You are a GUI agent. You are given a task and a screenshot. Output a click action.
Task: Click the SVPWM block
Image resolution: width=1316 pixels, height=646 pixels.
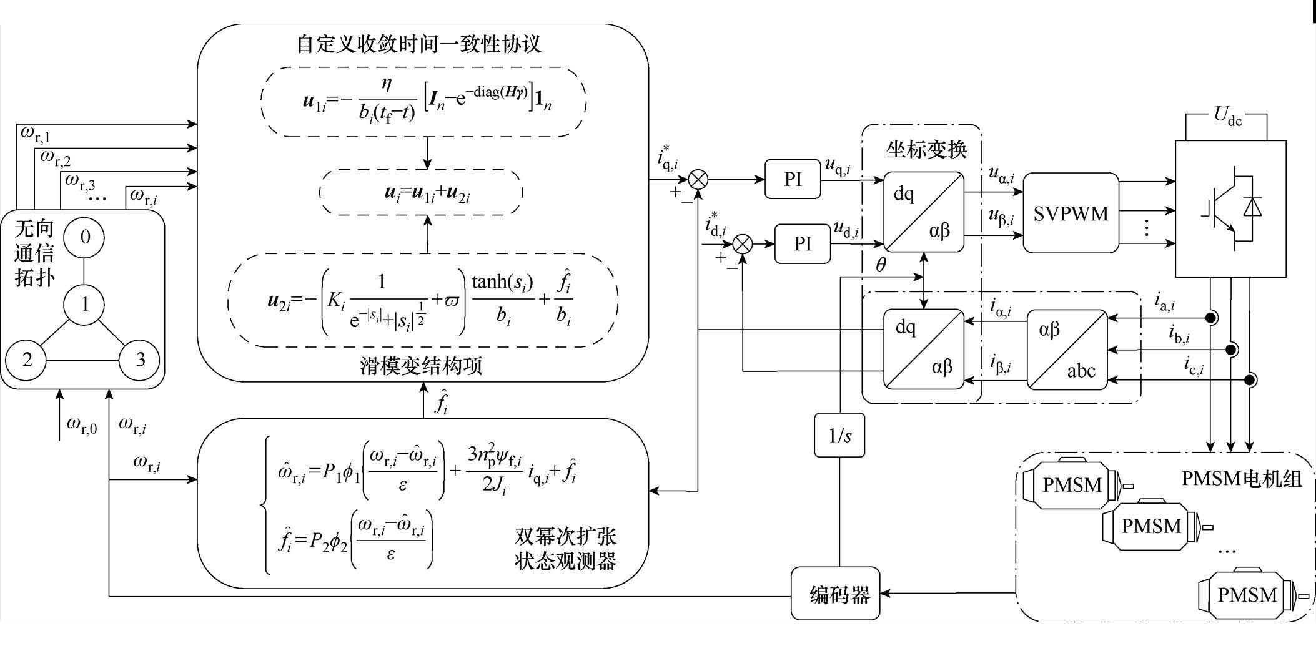point(1070,213)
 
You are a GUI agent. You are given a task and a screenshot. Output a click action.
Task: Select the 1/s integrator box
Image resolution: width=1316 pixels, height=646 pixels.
point(839,435)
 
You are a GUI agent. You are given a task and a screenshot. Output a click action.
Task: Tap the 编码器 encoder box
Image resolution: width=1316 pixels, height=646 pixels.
point(835,594)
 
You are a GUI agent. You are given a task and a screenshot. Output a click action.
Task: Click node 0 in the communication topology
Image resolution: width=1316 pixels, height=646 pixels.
point(85,237)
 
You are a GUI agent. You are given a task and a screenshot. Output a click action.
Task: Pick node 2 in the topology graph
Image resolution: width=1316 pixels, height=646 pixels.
point(27,360)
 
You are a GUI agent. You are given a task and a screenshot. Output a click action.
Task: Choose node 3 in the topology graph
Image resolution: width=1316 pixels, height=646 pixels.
point(140,360)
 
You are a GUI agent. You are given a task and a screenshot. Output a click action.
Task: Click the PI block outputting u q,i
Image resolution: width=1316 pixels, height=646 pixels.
point(792,180)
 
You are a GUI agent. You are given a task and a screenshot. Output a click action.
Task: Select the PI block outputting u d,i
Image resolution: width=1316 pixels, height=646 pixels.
point(802,243)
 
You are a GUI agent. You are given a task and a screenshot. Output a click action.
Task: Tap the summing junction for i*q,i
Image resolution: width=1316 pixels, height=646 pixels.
point(698,180)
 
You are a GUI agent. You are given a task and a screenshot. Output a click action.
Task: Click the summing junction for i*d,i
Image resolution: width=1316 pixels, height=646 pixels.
point(742,244)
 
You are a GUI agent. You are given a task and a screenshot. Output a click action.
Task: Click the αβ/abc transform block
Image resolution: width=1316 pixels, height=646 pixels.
point(1067,350)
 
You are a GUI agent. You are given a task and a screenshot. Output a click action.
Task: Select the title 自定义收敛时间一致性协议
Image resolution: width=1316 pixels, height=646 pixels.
point(418,44)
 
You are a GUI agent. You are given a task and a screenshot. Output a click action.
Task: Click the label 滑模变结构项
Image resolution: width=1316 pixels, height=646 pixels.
point(421,366)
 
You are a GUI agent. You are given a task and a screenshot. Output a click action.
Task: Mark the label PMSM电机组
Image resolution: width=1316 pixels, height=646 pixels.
point(1242,479)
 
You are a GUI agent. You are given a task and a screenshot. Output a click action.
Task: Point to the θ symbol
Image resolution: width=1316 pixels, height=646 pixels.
point(881,265)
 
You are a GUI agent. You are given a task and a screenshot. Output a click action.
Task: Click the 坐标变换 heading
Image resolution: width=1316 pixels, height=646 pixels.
point(926,149)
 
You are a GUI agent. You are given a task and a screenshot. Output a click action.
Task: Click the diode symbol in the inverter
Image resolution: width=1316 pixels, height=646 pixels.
point(1252,207)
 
